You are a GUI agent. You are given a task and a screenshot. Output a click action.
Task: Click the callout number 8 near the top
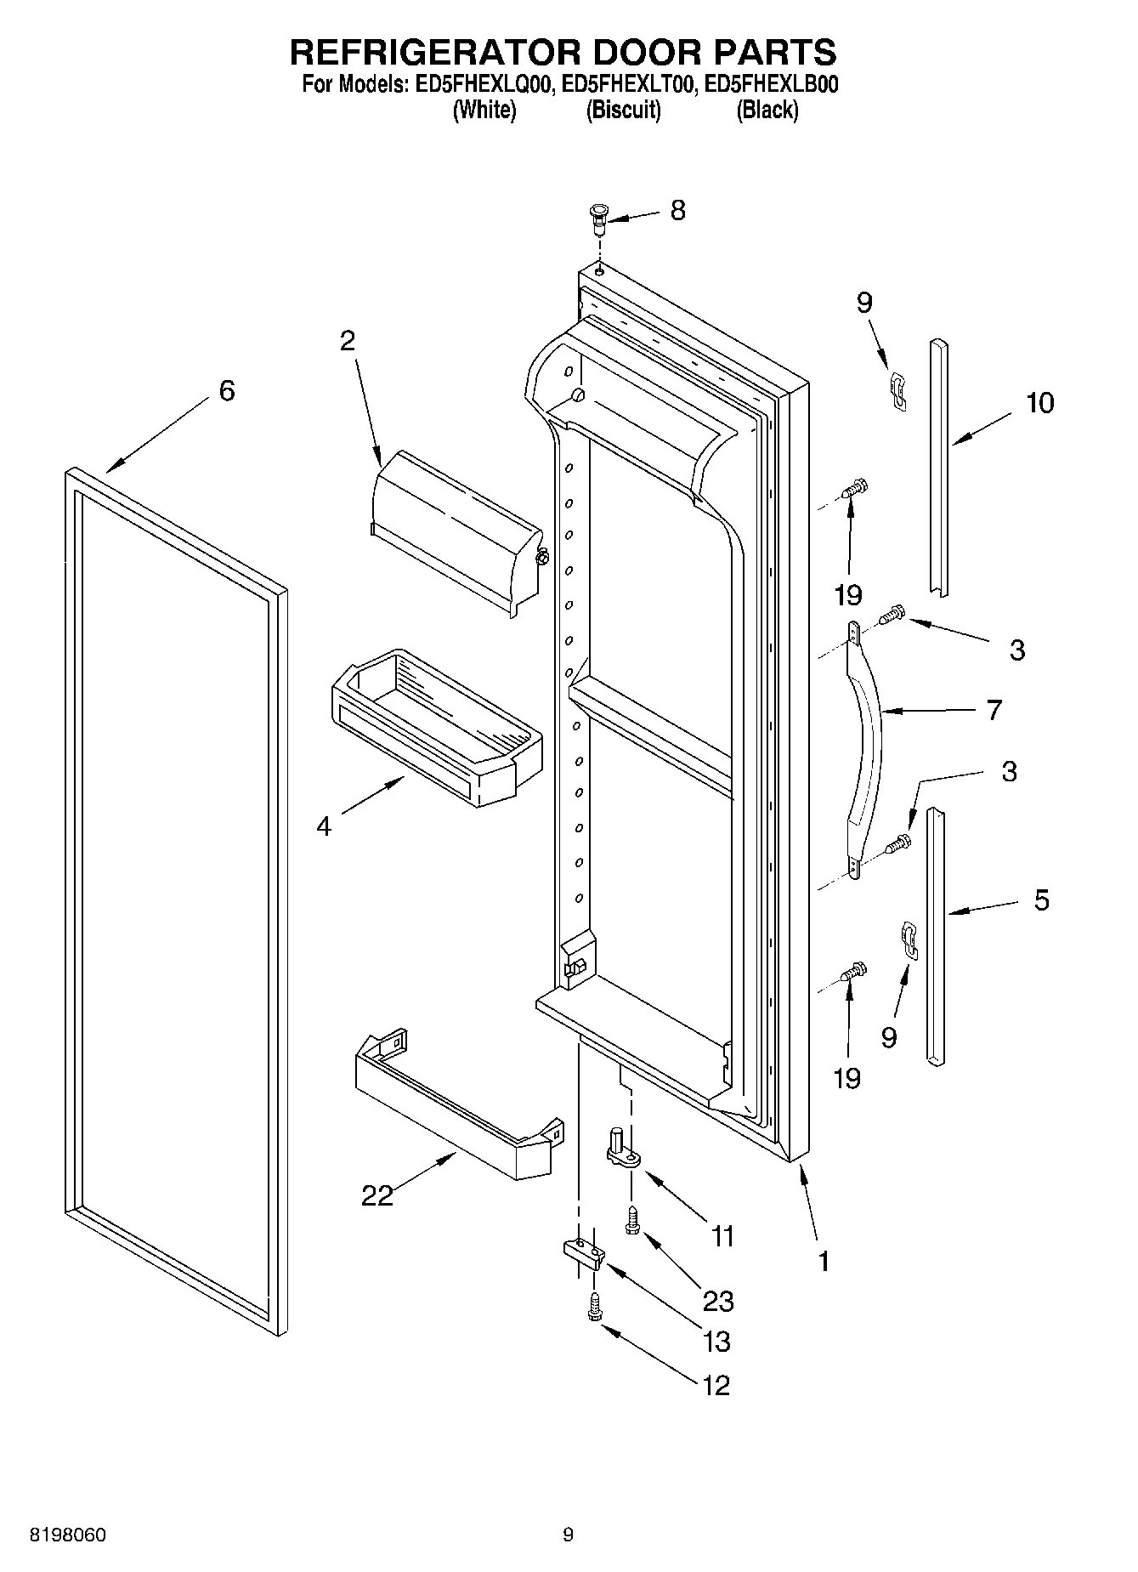click(677, 210)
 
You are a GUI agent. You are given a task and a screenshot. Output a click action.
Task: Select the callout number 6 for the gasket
click(226, 391)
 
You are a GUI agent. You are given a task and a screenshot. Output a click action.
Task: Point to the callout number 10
click(1039, 402)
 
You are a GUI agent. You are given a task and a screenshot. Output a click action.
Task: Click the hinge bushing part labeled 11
click(622, 1149)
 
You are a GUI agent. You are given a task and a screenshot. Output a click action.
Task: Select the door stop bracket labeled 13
click(583, 1253)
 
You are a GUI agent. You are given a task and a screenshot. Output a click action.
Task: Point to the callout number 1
click(822, 1262)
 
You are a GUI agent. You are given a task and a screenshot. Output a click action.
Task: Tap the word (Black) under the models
click(767, 110)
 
